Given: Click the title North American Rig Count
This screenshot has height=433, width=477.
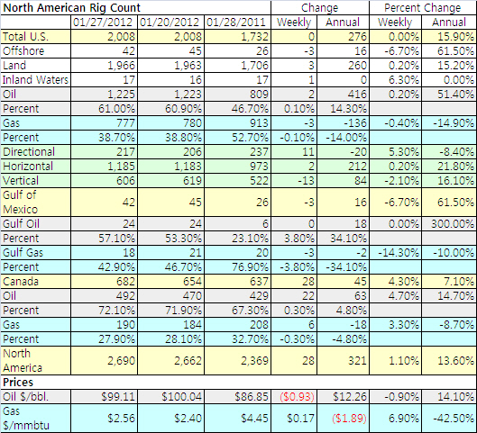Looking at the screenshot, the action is click(x=72, y=7).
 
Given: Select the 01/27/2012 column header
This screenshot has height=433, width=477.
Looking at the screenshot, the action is click(x=103, y=23).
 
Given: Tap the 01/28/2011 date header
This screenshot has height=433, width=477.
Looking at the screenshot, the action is click(x=236, y=23).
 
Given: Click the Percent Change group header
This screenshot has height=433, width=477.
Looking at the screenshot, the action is click(x=423, y=8).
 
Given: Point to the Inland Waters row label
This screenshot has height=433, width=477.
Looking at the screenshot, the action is click(x=35, y=80).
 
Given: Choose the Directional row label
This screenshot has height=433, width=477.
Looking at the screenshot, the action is click(x=29, y=152).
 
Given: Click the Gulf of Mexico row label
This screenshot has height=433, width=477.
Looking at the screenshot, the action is click(x=21, y=203).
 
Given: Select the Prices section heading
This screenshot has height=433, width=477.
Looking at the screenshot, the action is click(x=18, y=383).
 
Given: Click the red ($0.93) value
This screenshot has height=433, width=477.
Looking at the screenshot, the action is click(x=297, y=397).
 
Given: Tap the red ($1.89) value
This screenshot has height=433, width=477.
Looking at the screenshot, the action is click(x=349, y=419).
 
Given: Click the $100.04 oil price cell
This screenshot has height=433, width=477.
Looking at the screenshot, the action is click(x=181, y=397).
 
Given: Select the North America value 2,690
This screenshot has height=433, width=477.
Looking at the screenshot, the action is click(x=121, y=361).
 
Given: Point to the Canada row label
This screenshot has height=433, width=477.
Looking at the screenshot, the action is click(x=21, y=282).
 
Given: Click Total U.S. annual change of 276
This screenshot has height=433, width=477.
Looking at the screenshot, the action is click(x=357, y=37).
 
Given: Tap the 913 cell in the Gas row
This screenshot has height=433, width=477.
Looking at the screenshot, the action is click(x=259, y=123).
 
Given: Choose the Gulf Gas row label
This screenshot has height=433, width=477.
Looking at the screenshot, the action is click(x=23, y=253).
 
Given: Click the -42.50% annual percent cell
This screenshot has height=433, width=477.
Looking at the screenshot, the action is click(x=454, y=419).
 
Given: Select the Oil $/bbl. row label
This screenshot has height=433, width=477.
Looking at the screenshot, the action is click(x=25, y=397).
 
